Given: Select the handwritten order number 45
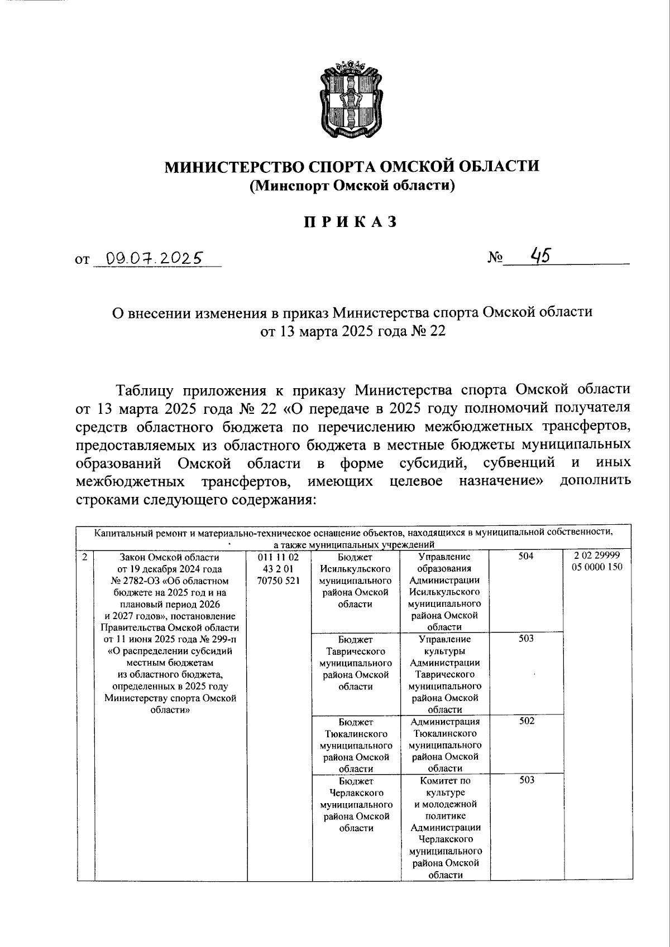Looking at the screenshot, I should tap(540, 255).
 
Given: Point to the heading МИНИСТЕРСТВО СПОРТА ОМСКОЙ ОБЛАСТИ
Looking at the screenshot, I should tap(352, 166).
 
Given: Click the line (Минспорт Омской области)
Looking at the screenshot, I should tap(352, 186).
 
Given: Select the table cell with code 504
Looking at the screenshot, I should tap(526, 557).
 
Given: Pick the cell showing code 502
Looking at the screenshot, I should tap(526, 721).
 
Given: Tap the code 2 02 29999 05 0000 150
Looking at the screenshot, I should tap(597, 562).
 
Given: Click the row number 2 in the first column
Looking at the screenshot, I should tap(84, 557).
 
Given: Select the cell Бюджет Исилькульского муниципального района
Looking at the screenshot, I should tap(356, 580).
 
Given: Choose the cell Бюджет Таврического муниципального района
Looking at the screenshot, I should tap(356, 663).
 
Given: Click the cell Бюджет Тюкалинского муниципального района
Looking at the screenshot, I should tap(356, 745).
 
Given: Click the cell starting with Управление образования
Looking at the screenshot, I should tap(445, 591).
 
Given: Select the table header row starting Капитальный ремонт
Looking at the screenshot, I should tap(354, 538).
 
